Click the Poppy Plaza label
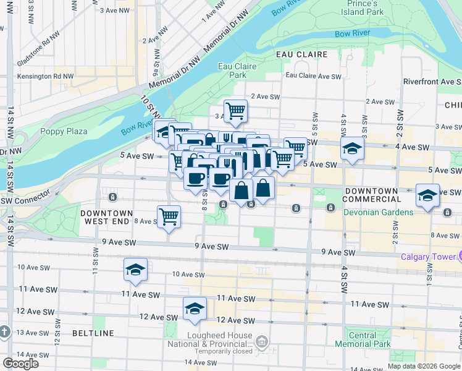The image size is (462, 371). pyautogui.click(x=64, y=131)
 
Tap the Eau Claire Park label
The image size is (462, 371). pyautogui.click(x=232, y=70)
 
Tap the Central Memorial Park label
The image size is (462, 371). pyautogui.click(x=363, y=339)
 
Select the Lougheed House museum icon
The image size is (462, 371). pyautogui.click(x=262, y=341)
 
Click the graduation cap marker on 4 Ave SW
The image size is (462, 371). pyautogui.click(x=352, y=150)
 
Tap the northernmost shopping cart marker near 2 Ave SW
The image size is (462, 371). pyautogui.click(x=235, y=111)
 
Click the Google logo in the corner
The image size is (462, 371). pyautogui.click(x=20, y=363)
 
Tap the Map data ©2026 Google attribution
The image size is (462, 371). pyautogui.click(x=422, y=366)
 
